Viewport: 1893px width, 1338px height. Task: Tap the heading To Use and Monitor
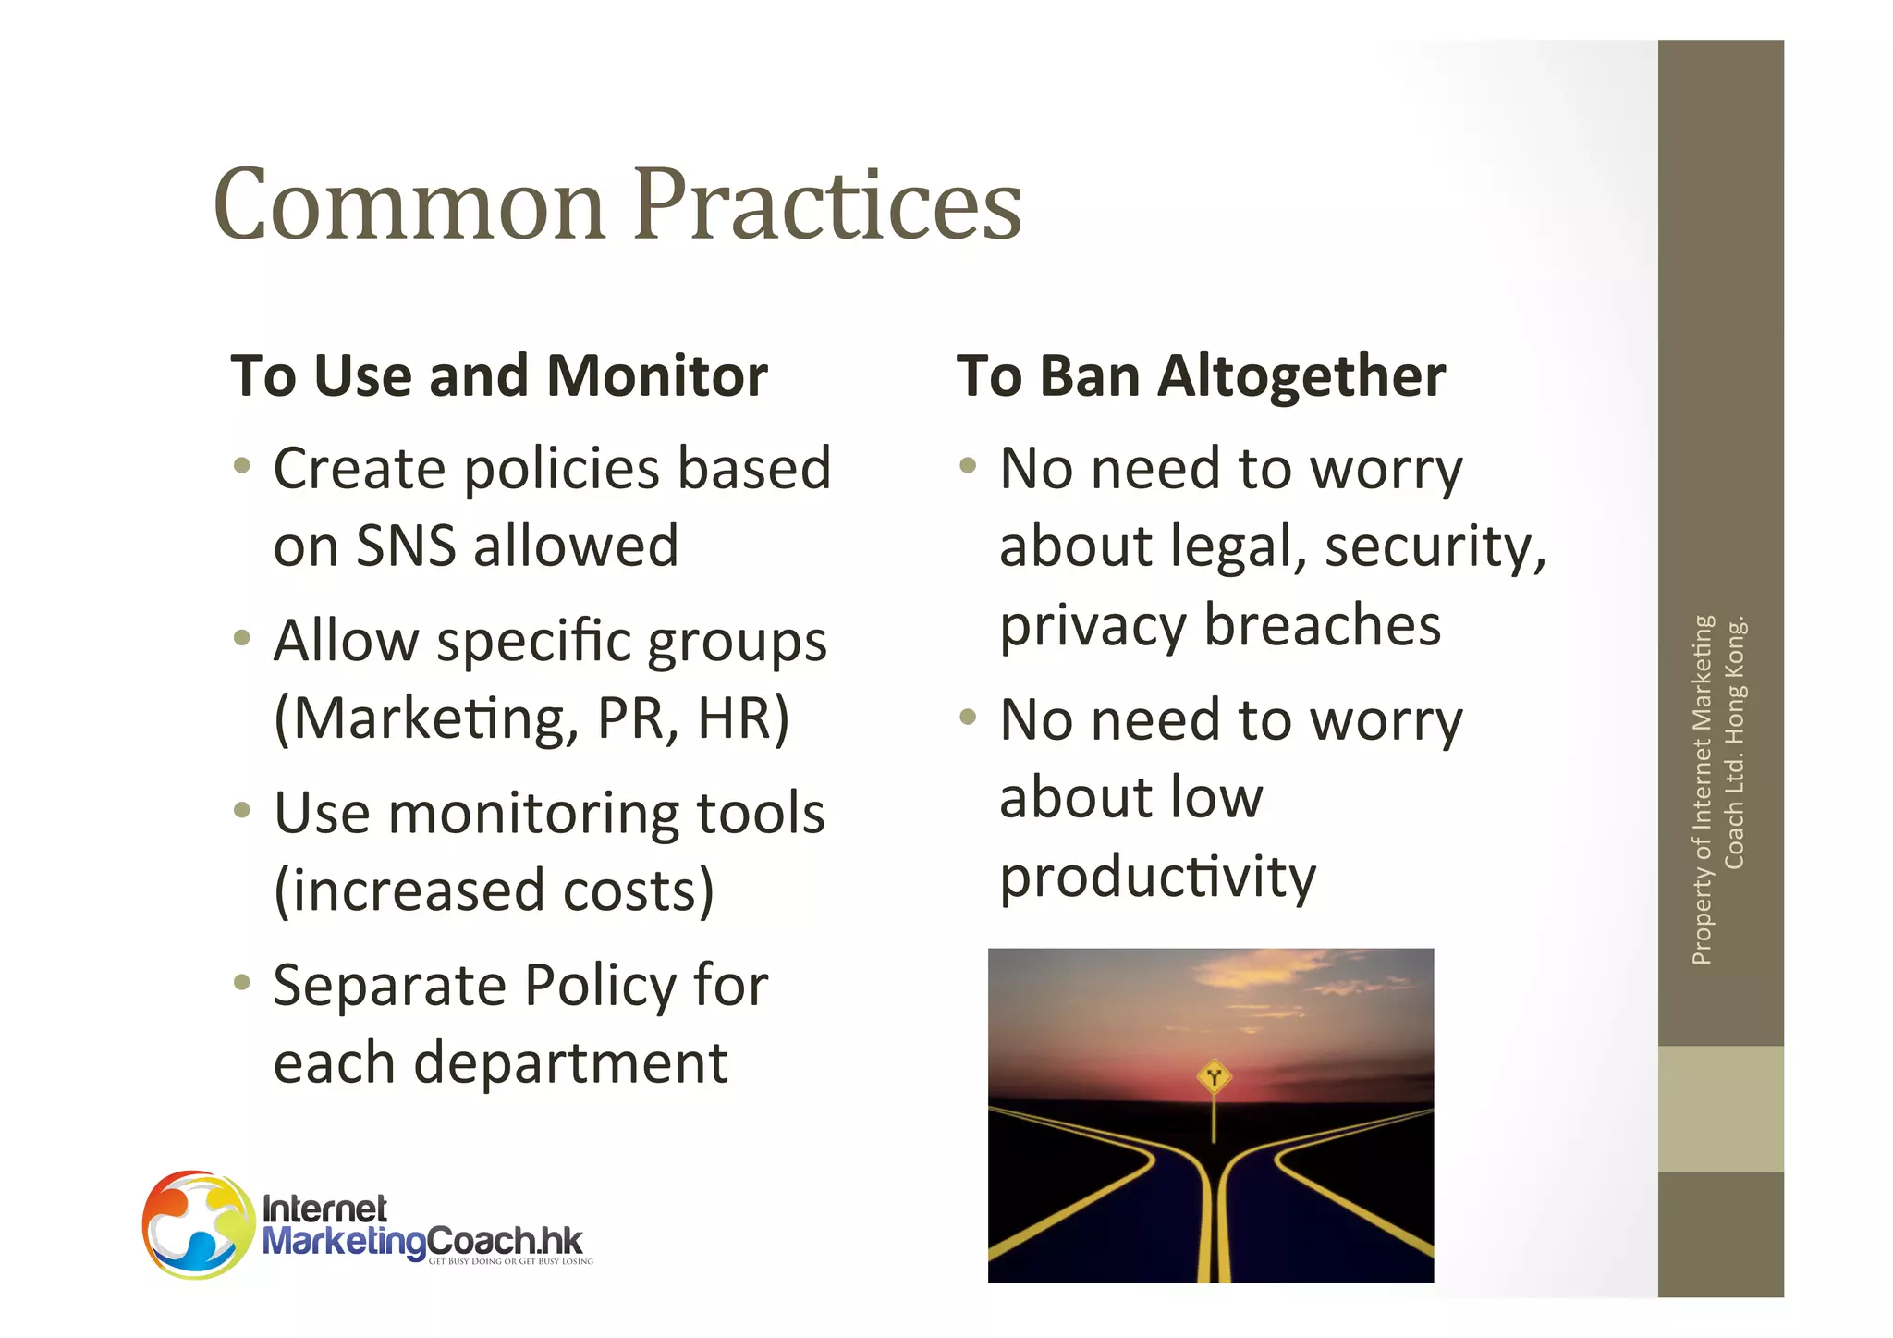499,375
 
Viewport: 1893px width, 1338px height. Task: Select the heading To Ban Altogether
1201,375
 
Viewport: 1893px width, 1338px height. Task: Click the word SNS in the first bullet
406,546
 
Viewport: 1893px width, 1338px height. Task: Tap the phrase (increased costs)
495,890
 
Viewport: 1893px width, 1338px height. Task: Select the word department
570,1062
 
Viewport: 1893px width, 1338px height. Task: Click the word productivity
1157,877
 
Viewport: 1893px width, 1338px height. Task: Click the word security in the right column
1435,546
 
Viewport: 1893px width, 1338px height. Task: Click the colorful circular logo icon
198,1224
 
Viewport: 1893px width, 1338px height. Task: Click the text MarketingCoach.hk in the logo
422,1240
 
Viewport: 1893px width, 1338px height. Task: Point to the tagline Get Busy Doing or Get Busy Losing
510,1261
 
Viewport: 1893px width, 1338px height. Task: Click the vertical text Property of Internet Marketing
1702,791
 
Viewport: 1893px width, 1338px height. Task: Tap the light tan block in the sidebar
1720,1109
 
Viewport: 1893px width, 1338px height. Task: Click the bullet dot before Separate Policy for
242,982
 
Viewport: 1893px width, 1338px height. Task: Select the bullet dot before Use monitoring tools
242,810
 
